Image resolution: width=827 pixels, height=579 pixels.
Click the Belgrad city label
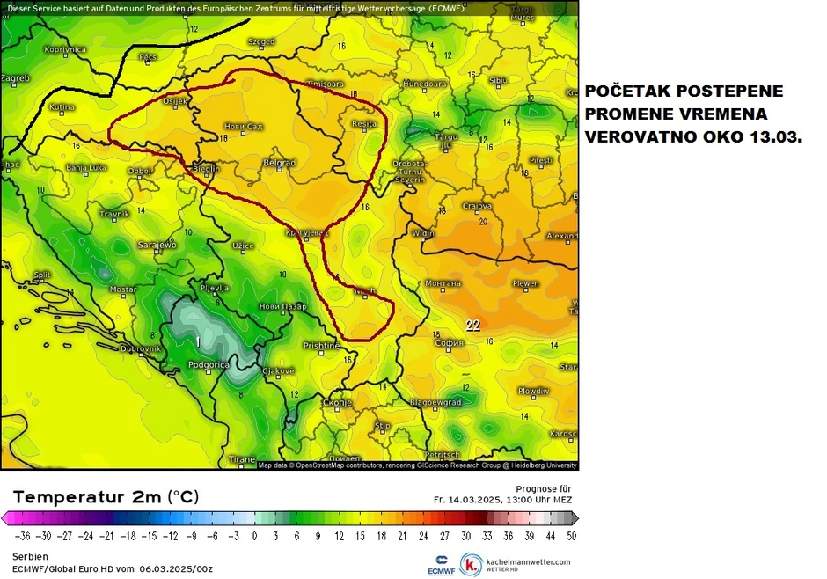280,164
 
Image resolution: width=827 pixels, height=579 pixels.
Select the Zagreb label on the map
15,78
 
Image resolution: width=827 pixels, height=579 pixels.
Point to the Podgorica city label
209,364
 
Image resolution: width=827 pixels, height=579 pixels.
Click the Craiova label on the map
477,206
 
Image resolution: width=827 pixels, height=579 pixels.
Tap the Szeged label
261,41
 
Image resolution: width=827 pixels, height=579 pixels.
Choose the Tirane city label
242,459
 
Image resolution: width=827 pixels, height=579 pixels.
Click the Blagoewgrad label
435,402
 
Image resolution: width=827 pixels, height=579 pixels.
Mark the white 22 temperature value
472,325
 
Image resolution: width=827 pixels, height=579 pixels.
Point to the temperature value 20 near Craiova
482,222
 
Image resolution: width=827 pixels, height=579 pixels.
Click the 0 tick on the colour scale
255,535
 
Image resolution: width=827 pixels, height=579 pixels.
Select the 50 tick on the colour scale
573,535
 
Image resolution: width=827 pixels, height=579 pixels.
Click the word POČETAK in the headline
627,92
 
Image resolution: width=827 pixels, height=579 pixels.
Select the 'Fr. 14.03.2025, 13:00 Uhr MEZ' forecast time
502,499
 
